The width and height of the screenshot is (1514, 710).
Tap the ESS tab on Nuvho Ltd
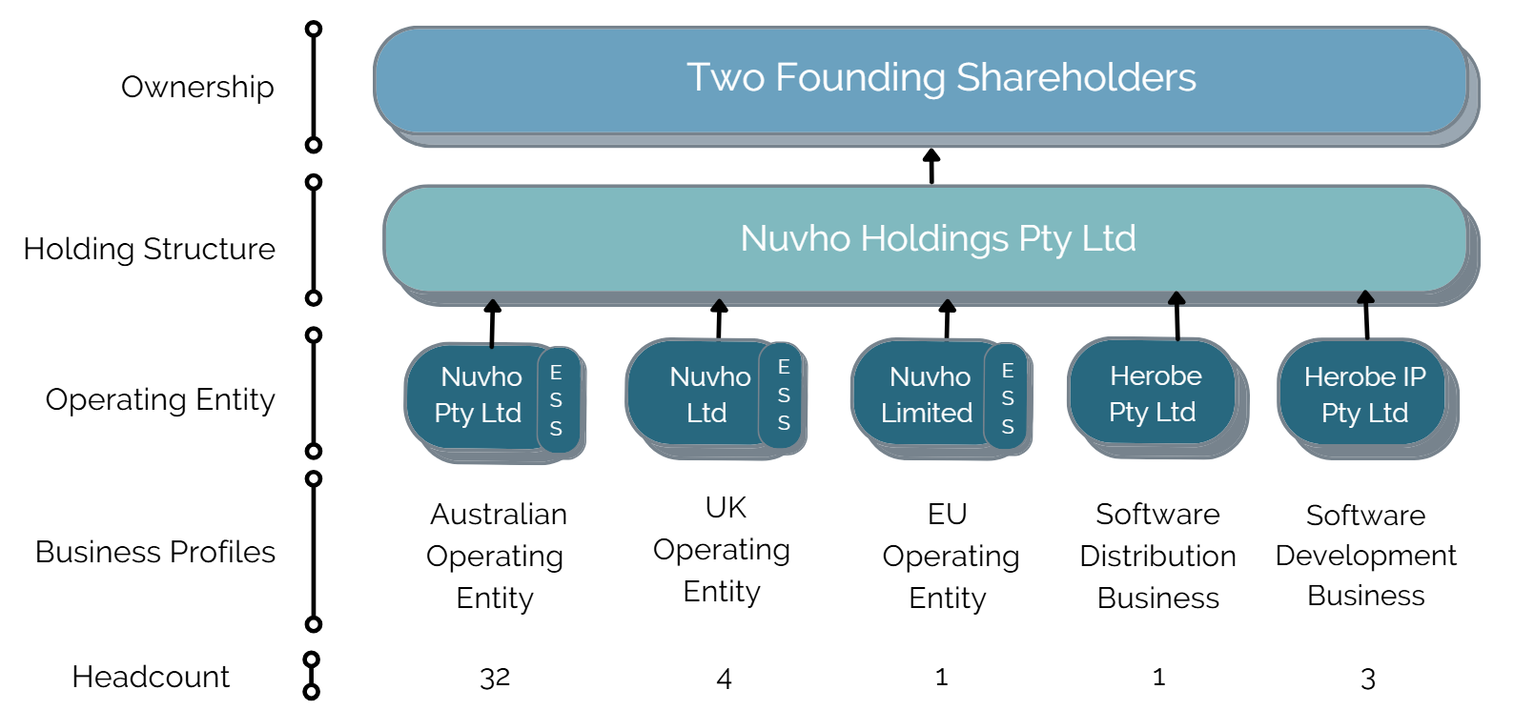pos(783,396)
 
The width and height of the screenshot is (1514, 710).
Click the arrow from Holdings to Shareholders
pos(931,166)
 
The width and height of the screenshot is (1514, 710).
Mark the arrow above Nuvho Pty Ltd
pos(493,324)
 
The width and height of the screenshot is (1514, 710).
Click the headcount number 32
pos(495,678)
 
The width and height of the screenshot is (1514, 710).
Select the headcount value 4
pos(724,679)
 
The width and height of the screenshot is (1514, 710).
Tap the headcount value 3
pos(1368,679)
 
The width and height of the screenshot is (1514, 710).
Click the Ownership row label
pos(197,87)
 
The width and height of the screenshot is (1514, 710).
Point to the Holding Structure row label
pos(150,249)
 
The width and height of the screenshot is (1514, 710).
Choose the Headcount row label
pos(151,677)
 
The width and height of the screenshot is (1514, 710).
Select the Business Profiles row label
pos(155,552)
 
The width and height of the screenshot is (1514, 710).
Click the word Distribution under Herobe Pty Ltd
pos(1157,556)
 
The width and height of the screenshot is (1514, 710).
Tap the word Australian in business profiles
pos(499,515)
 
